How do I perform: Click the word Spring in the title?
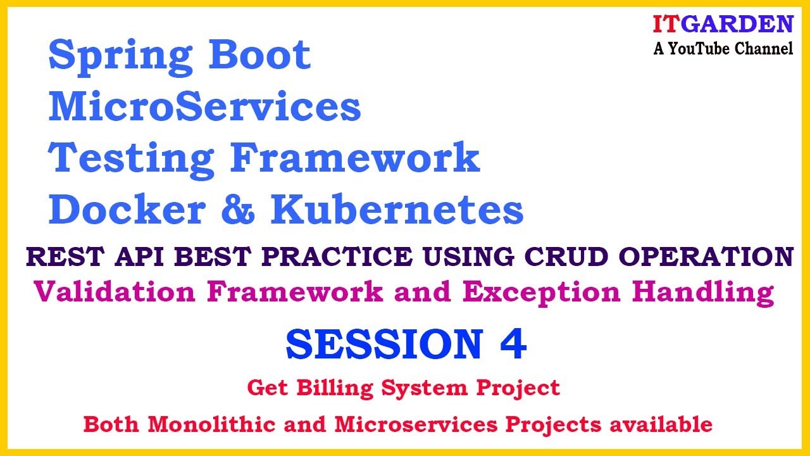click(x=120, y=57)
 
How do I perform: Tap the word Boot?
click(x=259, y=54)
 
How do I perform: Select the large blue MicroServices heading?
click(x=204, y=106)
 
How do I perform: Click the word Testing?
click(x=131, y=160)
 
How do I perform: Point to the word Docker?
click(x=127, y=209)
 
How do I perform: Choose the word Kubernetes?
click(x=397, y=209)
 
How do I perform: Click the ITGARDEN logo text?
click(x=723, y=24)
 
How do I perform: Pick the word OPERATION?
click(x=706, y=256)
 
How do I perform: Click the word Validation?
click(x=115, y=292)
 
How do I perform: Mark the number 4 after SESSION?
click(x=513, y=343)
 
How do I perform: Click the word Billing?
click(x=335, y=389)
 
